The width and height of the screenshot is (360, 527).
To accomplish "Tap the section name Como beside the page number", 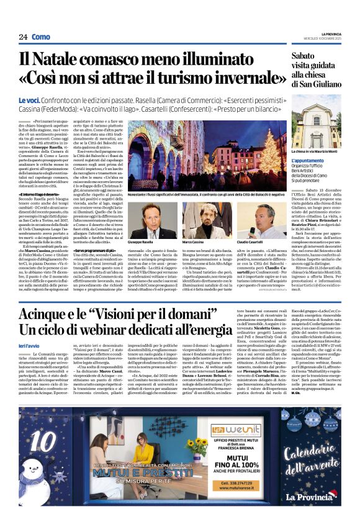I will point(41,37).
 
